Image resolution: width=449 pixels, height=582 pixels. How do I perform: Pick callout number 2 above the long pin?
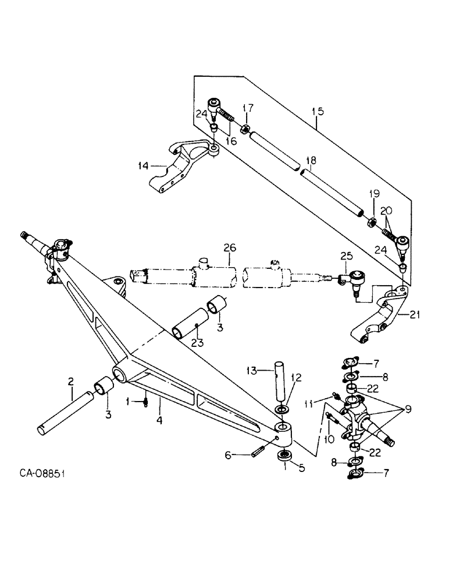point(71,382)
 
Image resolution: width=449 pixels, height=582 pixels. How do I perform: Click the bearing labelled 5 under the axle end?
point(284,456)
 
